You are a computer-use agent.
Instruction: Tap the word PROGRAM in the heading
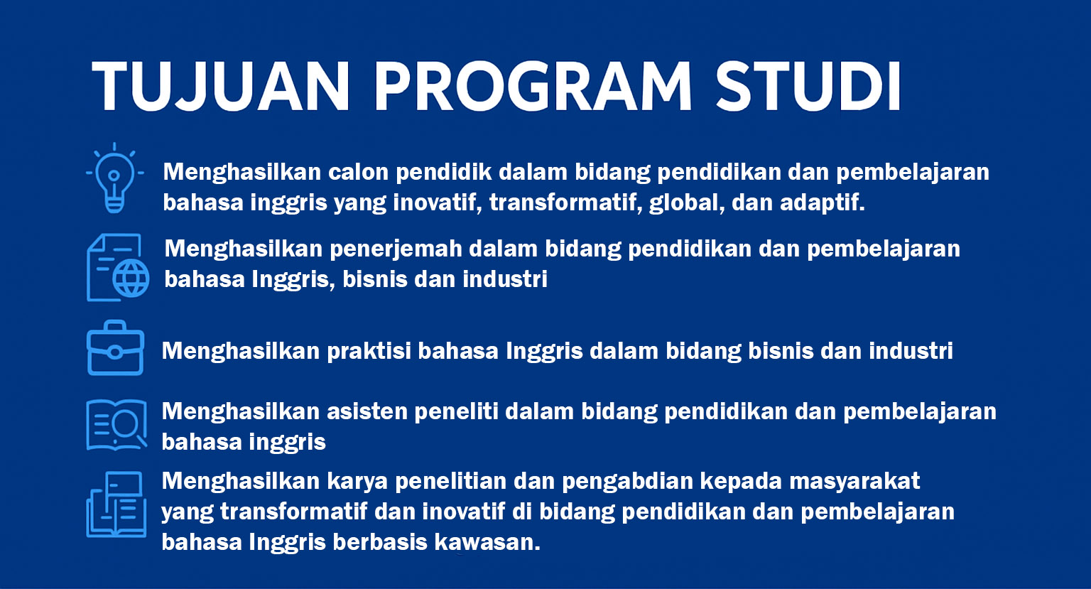pos(533,87)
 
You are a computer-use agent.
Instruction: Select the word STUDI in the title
pos(808,87)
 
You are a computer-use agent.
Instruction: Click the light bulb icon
pos(115,178)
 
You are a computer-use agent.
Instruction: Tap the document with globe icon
pos(118,267)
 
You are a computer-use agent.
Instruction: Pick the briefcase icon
pos(116,348)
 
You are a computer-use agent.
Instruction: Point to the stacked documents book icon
pos(116,504)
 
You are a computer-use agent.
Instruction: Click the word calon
pos(358,172)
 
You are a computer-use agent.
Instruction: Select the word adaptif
pos(822,202)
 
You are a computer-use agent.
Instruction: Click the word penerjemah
pos(396,249)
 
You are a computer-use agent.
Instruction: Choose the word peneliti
pos(457,412)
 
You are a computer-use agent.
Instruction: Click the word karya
pos(357,482)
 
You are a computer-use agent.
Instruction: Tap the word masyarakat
pos(854,482)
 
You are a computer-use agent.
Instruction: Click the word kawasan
pos(487,542)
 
